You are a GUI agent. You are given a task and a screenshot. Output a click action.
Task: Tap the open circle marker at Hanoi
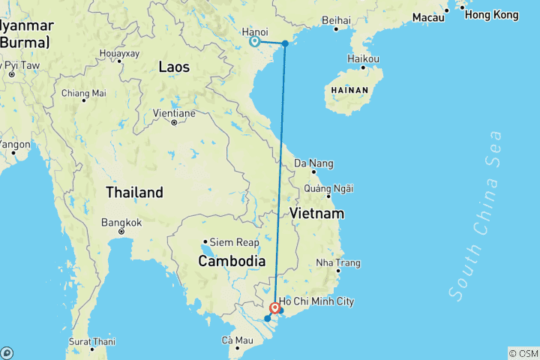pos(254,42)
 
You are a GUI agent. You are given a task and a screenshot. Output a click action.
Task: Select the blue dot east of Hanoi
pos(285,43)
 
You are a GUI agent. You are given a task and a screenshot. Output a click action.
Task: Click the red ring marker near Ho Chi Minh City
pos(275,307)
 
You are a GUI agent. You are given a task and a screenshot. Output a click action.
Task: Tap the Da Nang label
pos(313,163)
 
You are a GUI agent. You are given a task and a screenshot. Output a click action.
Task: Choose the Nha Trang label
pos(338,262)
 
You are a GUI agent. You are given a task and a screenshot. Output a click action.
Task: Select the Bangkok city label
pos(122,223)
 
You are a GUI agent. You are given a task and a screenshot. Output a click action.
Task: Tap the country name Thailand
pos(134,192)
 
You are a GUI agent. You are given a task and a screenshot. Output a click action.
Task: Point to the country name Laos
pos(174,67)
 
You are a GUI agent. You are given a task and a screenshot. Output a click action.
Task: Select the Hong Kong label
pos(491,14)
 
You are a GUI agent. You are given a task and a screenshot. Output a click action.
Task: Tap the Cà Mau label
pos(236,340)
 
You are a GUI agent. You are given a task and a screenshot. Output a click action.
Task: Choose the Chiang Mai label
pos(83,94)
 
